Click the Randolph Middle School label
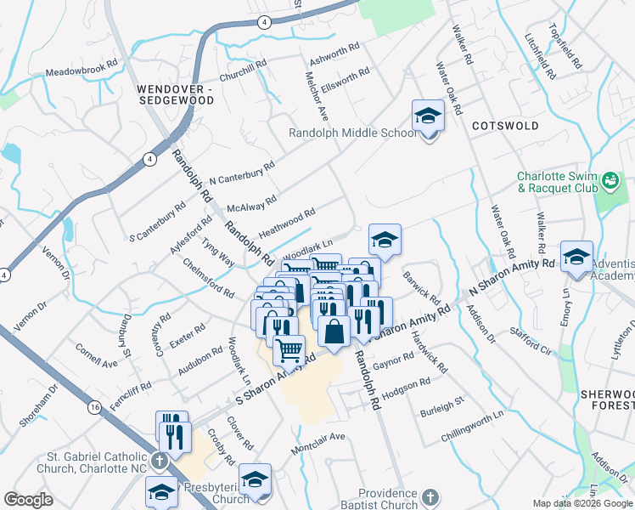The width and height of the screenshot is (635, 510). (x=352, y=133)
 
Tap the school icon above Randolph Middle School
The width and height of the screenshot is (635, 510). (x=428, y=116)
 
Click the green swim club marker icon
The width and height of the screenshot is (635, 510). (x=609, y=180)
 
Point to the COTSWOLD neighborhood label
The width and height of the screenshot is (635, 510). (x=505, y=126)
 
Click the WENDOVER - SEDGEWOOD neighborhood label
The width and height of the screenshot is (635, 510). (x=175, y=94)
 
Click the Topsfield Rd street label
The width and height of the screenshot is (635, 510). (x=565, y=48)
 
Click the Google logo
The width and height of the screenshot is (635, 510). (x=28, y=500)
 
